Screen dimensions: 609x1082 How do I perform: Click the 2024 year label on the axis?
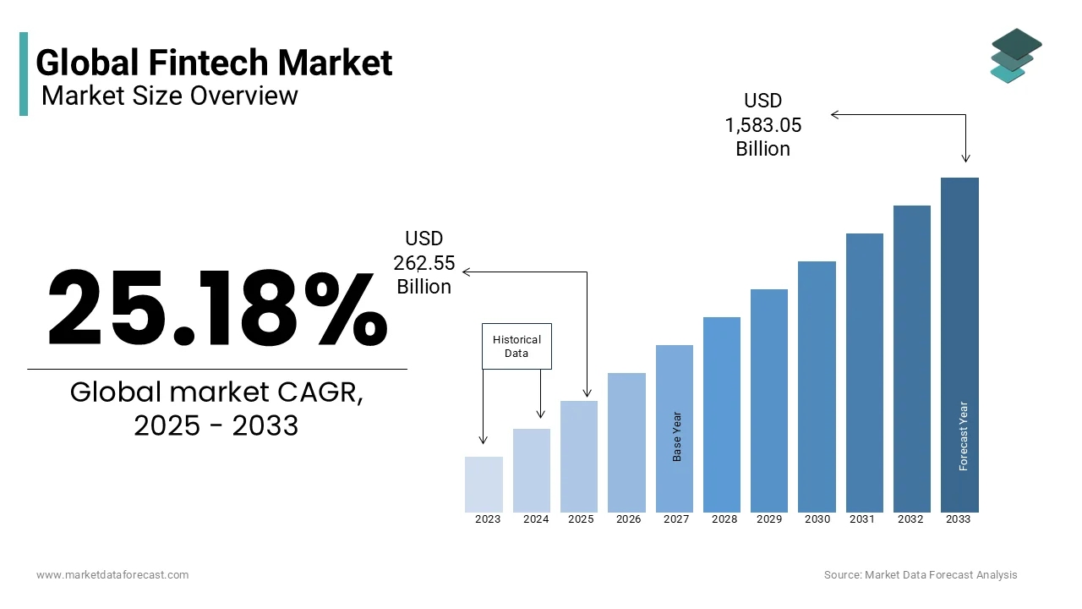pos(536,519)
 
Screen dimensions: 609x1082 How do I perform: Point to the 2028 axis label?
pos(724,519)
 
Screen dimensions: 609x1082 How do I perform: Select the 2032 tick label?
pos(910,519)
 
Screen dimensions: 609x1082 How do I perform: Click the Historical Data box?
pos(516,346)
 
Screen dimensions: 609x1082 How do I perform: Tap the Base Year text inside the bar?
pos(677,436)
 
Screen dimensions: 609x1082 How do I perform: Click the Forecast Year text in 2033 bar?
pos(963,436)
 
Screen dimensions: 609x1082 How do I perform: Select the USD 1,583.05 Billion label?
pos(762,125)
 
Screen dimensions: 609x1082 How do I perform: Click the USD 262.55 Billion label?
pos(424,263)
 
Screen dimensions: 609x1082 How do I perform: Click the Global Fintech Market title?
pos(214,63)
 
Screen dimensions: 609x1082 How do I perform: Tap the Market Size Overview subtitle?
pos(169,96)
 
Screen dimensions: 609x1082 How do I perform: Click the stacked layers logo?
pos(1015,56)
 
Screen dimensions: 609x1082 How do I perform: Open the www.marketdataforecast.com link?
pos(112,575)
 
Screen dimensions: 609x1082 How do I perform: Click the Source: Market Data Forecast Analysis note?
pos(921,575)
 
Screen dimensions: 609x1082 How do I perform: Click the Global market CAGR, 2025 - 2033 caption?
pos(216,409)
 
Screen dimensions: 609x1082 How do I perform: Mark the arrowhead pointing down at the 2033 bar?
pos(965,157)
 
